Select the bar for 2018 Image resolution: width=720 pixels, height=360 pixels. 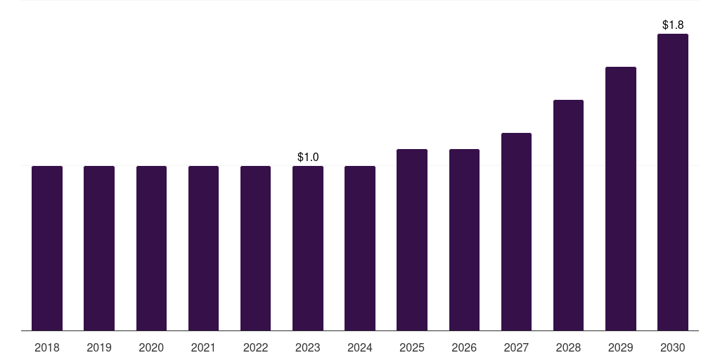[x=47, y=248]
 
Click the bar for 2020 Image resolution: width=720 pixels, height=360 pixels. [x=152, y=248]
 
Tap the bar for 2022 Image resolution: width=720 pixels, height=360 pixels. [x=256, y=248]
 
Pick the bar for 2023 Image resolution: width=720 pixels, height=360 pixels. [x=308, y=248]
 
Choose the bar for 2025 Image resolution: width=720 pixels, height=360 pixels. [x=412, y=240]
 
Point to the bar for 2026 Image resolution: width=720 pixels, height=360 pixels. [x=464, y=240]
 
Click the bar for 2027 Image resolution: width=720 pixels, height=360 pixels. [x=516, y=232]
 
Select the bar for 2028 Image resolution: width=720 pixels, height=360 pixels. [x=568, y=215]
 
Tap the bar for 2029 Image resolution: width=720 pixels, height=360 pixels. [x=621, y=199]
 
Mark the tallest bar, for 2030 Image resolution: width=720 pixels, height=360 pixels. [x=673, y=182]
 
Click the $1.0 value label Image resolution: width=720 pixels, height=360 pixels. [x=308, y=157]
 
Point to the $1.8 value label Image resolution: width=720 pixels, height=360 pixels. [x=673, y=25]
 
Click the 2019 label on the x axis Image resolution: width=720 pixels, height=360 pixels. [x=99, y=347]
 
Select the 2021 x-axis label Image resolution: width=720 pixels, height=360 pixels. [x=203, y=347]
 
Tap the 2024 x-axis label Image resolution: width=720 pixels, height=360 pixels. [x=360, y=347]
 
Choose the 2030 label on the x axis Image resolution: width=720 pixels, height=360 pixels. [x=673, y=347]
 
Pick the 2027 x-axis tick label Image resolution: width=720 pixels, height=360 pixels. [x=516, y=347]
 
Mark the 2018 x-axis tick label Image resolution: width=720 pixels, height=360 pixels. [x=47, y=347]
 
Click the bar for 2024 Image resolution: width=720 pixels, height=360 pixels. [x=360, y=248]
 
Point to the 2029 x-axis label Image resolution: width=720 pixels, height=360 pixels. [x=621, y=347]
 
